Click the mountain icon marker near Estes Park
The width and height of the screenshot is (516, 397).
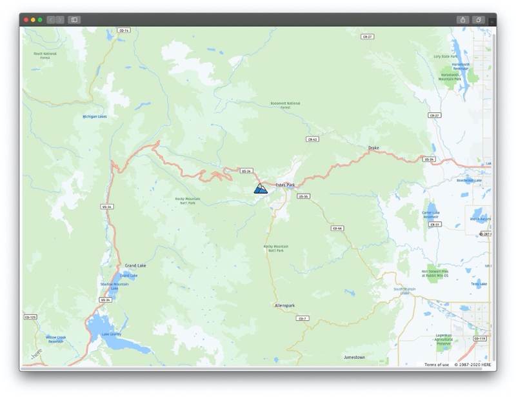click(261, 188)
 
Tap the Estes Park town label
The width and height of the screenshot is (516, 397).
click(285, 185)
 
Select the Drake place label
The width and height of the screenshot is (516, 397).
click(373, 148)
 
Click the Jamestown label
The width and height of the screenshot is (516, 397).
click(354, 357)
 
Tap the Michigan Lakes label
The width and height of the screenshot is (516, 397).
click(95, 117)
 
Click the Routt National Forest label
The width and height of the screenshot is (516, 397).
click(45, 56)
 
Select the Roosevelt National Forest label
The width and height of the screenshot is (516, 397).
click(285, 105)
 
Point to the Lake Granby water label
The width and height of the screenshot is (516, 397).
click(110, 334)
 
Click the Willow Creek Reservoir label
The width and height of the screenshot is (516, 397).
click(56, 339)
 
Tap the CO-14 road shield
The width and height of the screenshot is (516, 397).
click(124, 30)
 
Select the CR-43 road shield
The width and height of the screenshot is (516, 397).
click(313, 139)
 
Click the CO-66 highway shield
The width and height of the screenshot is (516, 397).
click(337, 228)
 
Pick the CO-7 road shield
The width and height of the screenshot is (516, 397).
click(302, 318)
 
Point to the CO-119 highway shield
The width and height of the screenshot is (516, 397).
click(479, 338)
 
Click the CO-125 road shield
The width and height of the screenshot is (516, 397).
click(30, 317)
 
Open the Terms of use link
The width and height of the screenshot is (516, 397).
click(437, 365)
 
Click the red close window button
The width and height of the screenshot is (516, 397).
click(26, 20)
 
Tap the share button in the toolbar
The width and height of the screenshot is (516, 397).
click(463, 20)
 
